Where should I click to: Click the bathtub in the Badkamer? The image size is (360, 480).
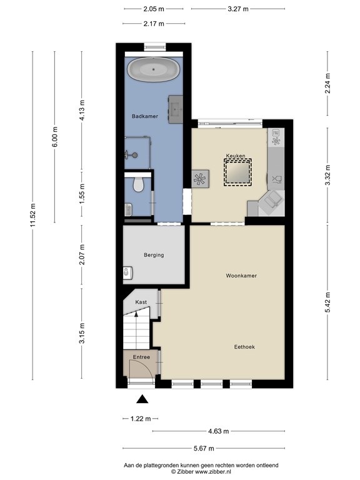(x=153, y=69)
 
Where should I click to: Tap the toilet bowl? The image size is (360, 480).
(x=138, y=184)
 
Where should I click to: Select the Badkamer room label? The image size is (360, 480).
(x=145, y=116)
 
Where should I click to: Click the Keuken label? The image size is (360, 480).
(x=236, y=156)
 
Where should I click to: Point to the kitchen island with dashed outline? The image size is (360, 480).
(x=237, y=172)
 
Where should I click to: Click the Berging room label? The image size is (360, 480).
(x=154, y=255)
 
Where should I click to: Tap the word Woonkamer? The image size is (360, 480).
(x=241, y=276)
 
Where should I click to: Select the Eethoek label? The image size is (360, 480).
(x=244, y=347)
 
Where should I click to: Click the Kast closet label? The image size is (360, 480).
(x=141, y=302)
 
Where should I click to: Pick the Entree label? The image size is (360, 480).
(x=141, y=357)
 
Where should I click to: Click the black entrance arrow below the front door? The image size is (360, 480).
(x=142, y=399)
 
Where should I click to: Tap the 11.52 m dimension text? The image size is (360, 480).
(x=33, y=215)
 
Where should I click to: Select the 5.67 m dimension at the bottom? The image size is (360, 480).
(x=204, y=449)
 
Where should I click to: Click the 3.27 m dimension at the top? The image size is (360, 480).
(x=238, y=9)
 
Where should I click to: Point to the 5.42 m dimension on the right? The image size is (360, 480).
(x=327, y=302)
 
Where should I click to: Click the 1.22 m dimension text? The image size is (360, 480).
(x=141, y=419)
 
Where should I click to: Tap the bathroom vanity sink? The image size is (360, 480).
(x=176, y=109)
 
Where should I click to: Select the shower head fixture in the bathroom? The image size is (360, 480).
(x=131, y=155)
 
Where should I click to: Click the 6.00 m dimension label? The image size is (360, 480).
(x=55, y=137)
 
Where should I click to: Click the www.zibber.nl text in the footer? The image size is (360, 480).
(x=213, y=472)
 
